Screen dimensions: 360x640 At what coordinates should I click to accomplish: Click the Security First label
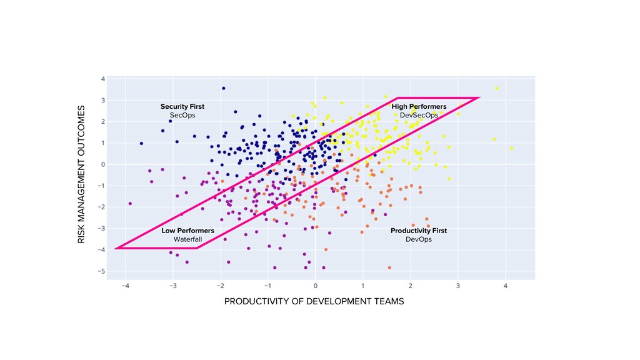(182, 107)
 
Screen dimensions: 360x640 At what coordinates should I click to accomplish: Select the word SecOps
(182, 116)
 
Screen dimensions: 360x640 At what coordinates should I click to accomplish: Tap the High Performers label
(419, 107)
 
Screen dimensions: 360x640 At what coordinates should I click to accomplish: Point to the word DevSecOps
(419, 116)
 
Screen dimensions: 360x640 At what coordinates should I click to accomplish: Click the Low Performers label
(187, 231)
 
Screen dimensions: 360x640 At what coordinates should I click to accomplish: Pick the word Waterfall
(187, 239)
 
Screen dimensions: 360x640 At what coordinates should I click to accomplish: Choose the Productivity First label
(419, 231)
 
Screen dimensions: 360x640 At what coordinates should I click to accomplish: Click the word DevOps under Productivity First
(419, 239)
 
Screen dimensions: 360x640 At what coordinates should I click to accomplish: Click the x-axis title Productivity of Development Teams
(314, 302)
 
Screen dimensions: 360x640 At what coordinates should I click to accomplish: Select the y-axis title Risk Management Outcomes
(81, 175)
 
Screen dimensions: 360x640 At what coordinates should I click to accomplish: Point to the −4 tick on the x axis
(125, 286)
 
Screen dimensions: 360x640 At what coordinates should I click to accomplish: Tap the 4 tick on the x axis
(505, 286)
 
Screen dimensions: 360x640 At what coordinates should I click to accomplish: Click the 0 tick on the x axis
(316, 286)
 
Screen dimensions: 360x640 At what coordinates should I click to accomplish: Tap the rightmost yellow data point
(511, 149)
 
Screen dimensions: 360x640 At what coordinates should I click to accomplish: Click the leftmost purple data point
(130, 204)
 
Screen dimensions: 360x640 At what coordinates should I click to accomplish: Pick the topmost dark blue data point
(223, 88)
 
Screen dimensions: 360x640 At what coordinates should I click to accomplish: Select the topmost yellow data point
(496, 89)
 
